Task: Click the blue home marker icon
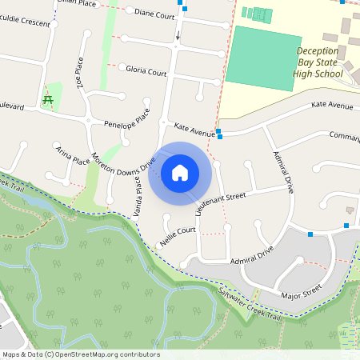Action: coord(180,173)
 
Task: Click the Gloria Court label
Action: coord(146,70)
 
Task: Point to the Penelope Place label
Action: coord(127,120)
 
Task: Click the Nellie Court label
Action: coord(178,235)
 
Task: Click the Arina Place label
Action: coord(73,154)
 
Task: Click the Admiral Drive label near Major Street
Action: coord(251,255)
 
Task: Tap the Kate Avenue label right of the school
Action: coord(332,106)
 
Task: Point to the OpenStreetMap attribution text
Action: coord(81,354)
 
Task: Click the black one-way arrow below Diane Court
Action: coord(178,36)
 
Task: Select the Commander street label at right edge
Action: coord(344,136)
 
